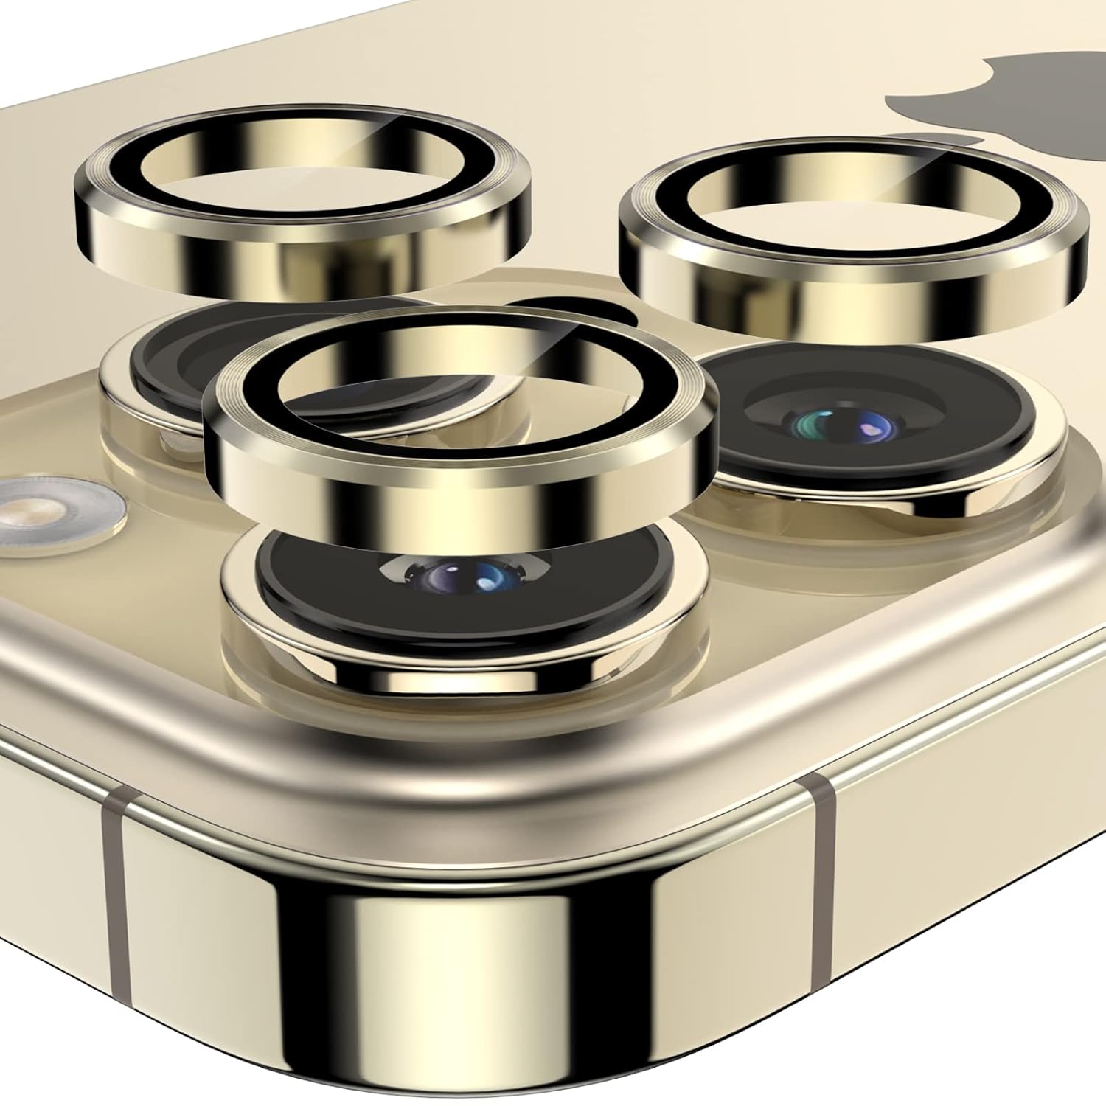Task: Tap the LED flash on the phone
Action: click(x=44, y=512)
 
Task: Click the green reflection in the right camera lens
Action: click(x=805, y=424)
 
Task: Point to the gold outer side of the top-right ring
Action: click(x=848, y=302)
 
